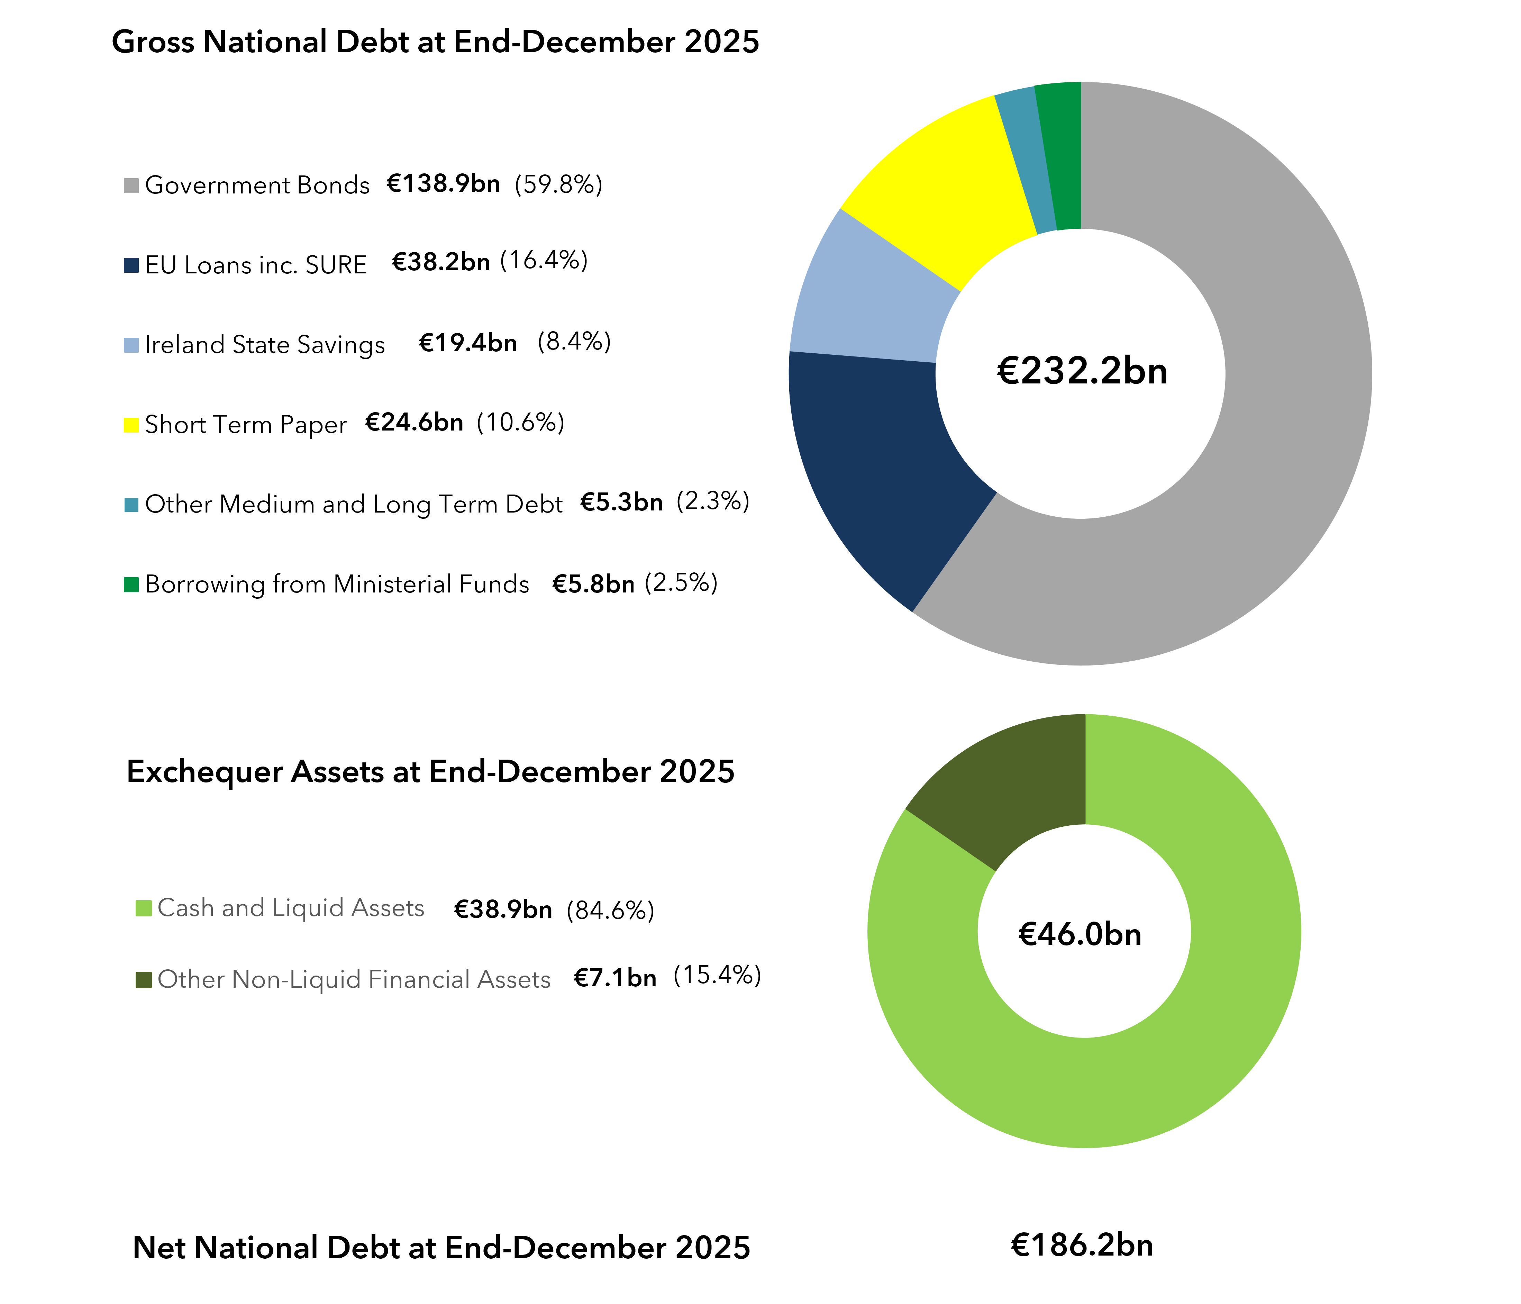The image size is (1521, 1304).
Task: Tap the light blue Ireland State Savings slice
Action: (x=866, y=308)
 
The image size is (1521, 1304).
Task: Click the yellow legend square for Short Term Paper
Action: (x=131, y=425)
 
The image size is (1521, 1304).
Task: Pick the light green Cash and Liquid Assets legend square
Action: (x=144, y=908)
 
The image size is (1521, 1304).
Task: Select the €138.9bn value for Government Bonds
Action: (x=443, y=183)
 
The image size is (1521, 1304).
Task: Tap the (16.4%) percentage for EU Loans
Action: (x=544, y=261)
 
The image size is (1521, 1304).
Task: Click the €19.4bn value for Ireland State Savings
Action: (x=467, y=343)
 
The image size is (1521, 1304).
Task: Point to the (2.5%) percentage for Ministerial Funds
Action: (x=681, y=583)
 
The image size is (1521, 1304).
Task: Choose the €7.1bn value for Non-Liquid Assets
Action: (x=615, y=978)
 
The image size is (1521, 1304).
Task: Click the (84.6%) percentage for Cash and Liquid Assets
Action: (x=610, y=911)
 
